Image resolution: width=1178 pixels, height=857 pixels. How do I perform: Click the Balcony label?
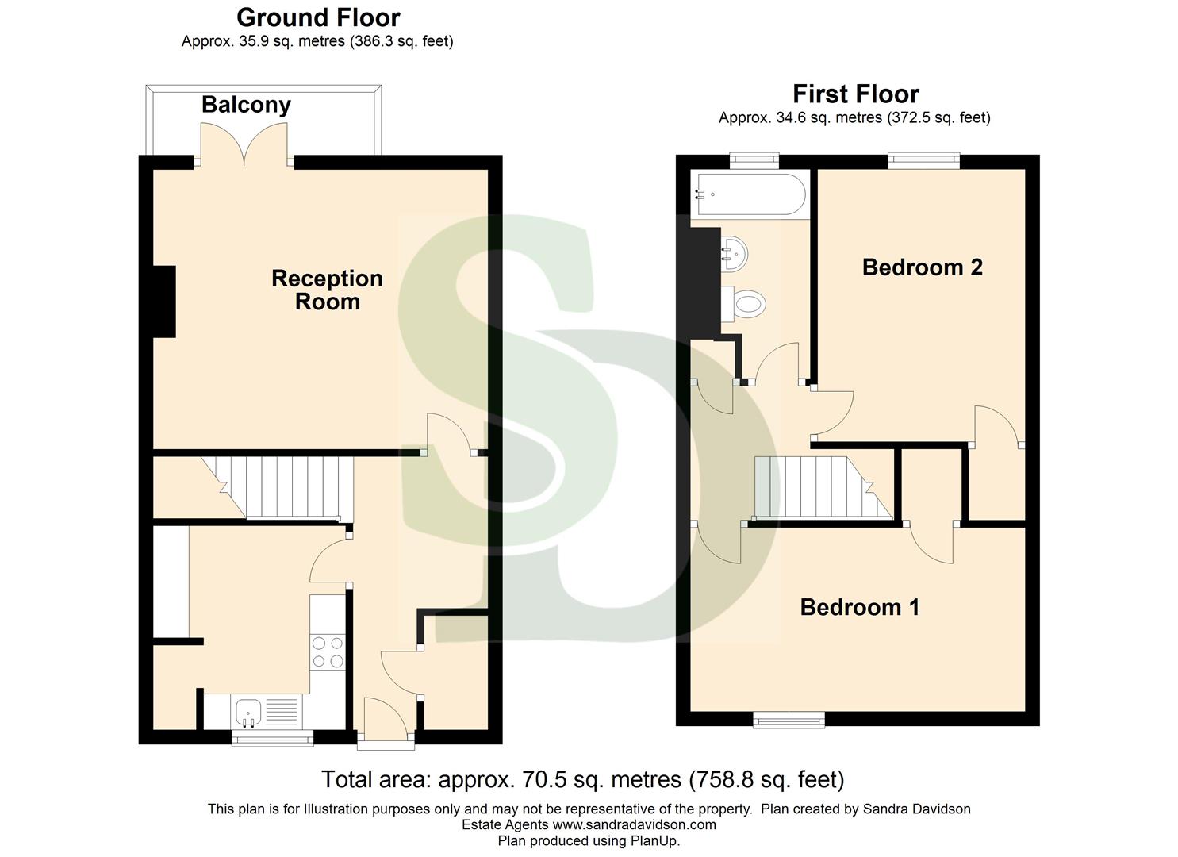pos(246,105)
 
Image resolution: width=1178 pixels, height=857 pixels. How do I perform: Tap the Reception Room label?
pos(327,290)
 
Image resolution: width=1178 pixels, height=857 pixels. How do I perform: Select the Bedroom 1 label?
pos(859,607)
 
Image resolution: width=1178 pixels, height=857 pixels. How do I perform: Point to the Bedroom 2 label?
pos(922,267)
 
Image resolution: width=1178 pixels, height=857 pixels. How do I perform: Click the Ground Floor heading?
pos(318,17)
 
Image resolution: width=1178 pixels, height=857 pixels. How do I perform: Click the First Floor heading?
pos(855,94)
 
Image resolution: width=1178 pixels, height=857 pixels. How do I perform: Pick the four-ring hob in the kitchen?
pos(328,652)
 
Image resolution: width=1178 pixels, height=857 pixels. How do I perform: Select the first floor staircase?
pos(817,486)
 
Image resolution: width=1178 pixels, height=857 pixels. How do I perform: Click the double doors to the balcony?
pos(245,145)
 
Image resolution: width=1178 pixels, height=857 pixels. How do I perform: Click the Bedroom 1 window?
pos(789,720)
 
